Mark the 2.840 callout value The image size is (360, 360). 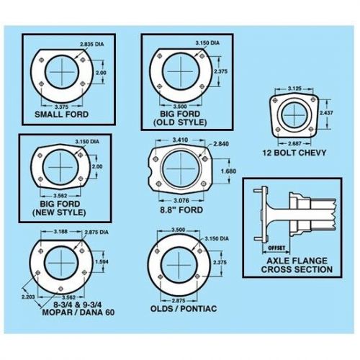(x=221, y=145)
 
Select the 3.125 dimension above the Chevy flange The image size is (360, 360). (x=295, y=88)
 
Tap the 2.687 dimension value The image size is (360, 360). (x=294, y=143)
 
